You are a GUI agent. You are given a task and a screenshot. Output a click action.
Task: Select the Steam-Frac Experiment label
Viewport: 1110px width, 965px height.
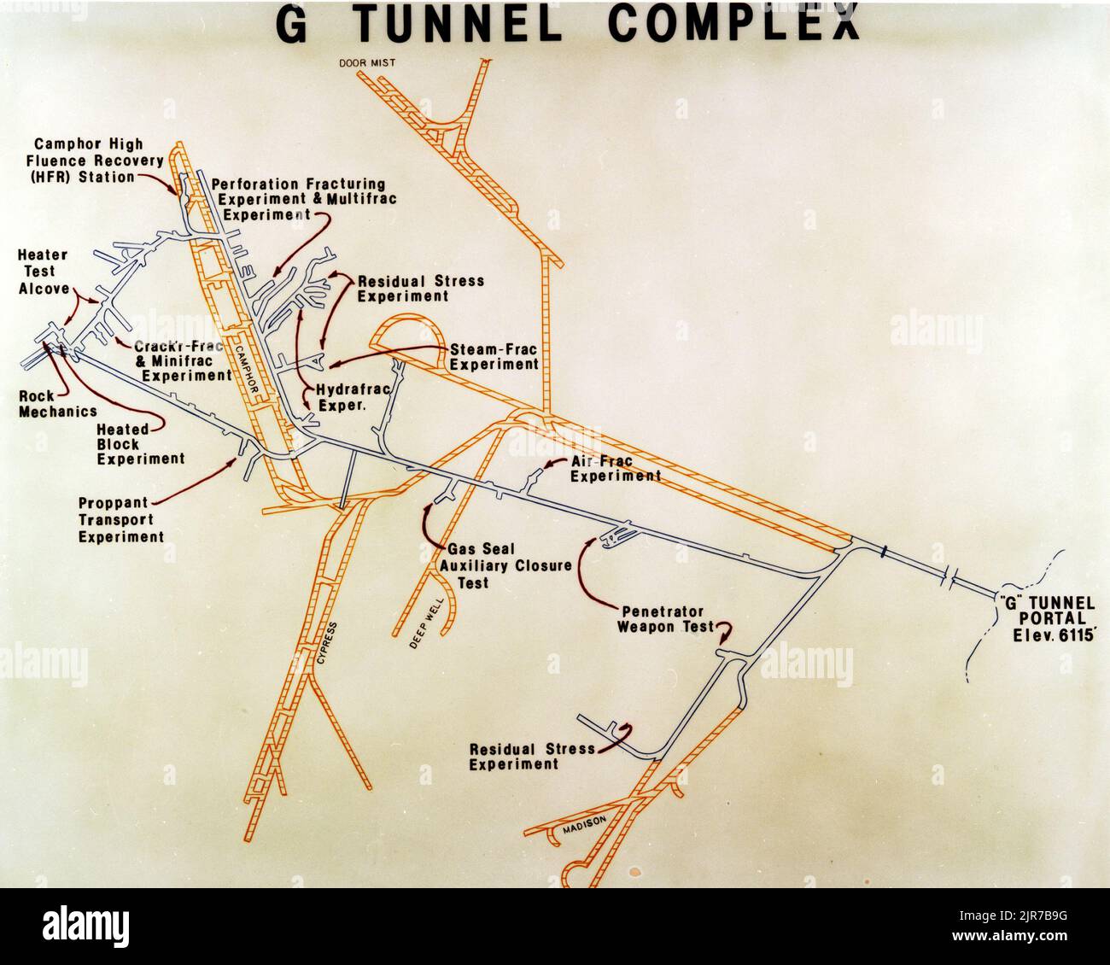click(x=494, y=356)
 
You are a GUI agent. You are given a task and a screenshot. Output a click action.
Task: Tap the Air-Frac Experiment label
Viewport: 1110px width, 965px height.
click(x=615, y=469)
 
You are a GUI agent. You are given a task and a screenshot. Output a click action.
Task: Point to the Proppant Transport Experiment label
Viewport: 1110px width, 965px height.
click(x=120, y=520)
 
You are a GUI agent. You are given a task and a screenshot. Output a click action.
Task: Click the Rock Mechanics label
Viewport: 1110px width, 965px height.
click(x=58, y=404)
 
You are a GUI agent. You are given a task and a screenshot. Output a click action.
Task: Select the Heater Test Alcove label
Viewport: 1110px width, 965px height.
click(x=43, y=272)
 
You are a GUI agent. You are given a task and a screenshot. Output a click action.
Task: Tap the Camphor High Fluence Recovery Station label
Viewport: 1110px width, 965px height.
click(x=85, y=161)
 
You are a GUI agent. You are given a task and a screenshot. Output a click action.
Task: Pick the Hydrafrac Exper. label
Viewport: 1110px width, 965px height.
click(x=353, y=398)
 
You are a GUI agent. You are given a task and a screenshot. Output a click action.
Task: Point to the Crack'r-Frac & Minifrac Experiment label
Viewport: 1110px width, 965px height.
click(x=182, y=360)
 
